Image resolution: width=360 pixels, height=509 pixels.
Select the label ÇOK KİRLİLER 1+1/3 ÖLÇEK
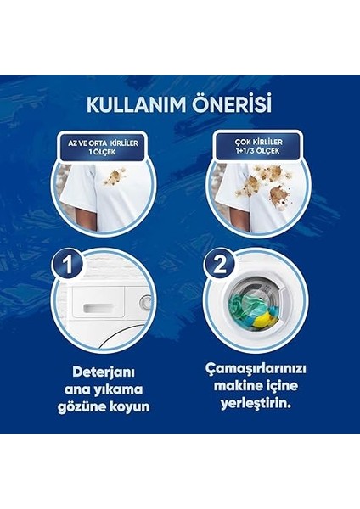point(256,145)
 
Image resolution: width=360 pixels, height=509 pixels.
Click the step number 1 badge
point(68,265)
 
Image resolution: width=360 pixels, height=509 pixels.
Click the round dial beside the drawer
point(145,302)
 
